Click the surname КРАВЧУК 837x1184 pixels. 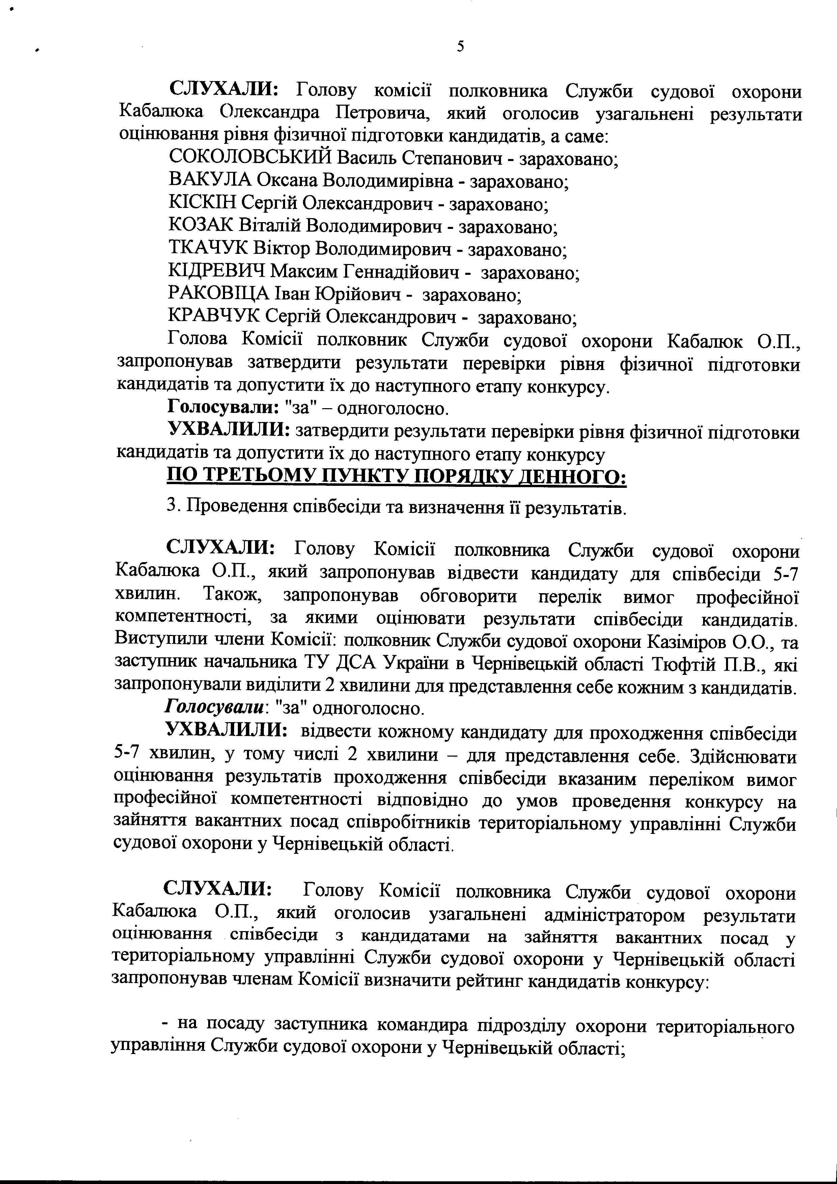tap(215, 317)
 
